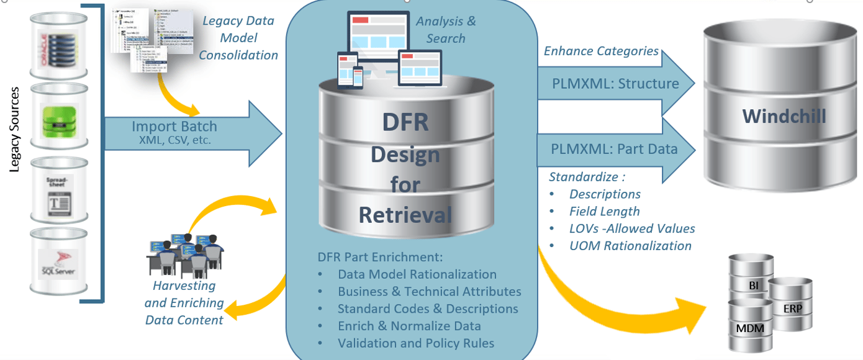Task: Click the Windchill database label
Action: click(x=784, y=116)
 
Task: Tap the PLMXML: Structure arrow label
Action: click(x=615, y=84)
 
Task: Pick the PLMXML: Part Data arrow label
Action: click(x=613, y=149)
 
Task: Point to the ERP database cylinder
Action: click(x=791, y=307)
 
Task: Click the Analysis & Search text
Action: click(x=445, y=30)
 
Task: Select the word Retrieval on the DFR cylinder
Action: click(x=405, y=215)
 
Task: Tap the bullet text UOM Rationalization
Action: click(x=630, y=246)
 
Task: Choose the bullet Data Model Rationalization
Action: click(x=417, y=274)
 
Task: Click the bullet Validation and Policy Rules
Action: click(x=415, y=343)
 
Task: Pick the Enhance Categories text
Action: click(x=601, y=51)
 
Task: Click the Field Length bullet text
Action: click(x=604, y=211)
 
